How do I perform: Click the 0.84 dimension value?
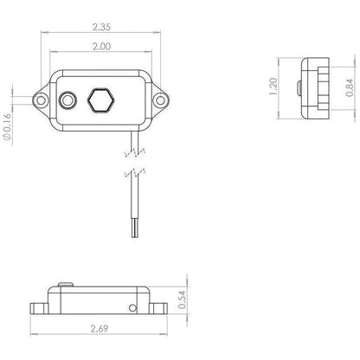tap(348, 88)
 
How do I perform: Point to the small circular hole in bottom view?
tap(132, 307)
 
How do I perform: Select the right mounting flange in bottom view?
tap(157, 307)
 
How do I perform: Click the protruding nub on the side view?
tap(298, 88)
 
